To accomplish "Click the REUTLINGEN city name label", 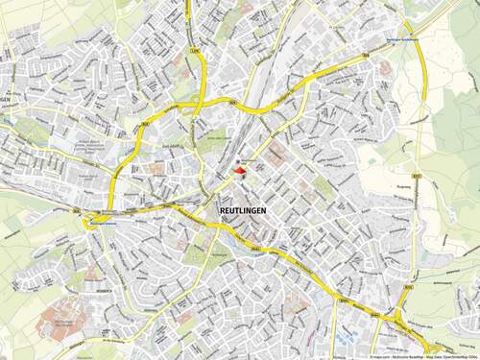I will pos(245,209).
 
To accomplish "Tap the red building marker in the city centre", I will pos(239,171).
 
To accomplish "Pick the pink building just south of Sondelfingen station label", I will pos(385,69).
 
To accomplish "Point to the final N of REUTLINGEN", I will pos(266,209).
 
